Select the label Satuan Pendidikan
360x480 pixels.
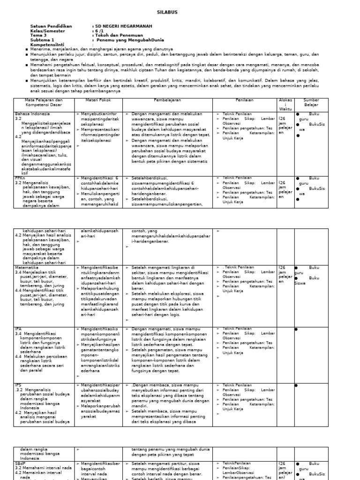51,26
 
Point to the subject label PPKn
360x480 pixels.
20,178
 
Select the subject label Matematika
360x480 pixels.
26,267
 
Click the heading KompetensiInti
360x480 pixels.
47,45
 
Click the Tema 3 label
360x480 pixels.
38,35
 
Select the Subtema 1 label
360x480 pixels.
42,40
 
